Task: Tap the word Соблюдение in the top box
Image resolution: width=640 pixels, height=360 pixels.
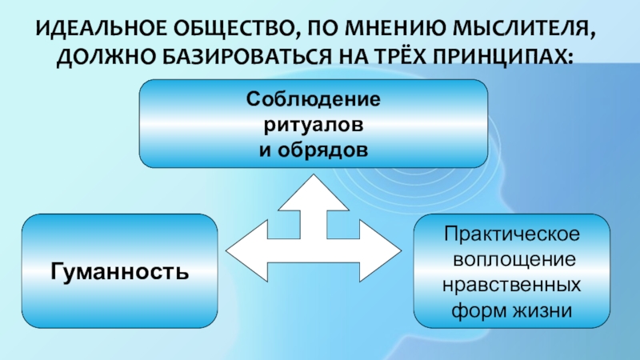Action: [x=313, y=102]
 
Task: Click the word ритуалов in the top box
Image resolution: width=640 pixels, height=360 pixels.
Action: [x=313, y=126]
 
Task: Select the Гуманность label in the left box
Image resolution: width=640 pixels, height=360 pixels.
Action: [x=120, y=272]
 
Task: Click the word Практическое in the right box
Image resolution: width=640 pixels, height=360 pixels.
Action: [x=512, y=238]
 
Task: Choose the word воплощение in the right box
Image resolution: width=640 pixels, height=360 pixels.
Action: [x=512, y=261]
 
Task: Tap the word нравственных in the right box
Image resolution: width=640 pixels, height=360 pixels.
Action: [x=512, y=285]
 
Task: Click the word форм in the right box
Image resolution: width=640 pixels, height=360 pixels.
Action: [x=483, y=309]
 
